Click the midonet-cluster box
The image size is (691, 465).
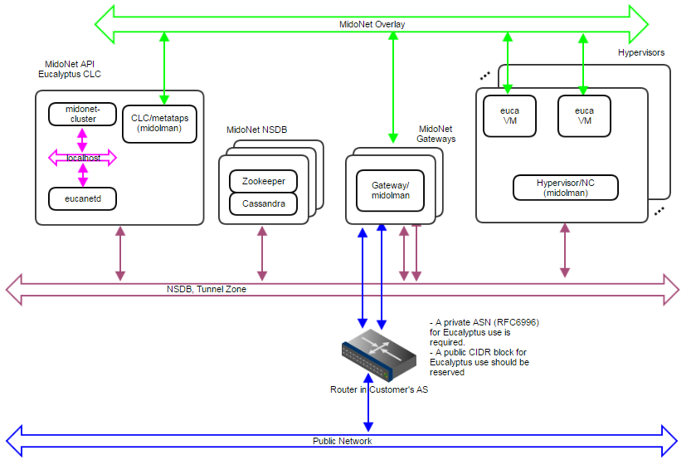(81, 114)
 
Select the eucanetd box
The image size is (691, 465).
(82, 198)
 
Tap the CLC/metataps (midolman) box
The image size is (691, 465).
(159, 123)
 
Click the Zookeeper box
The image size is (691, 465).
(263, 180)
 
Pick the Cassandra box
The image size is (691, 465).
(263, 203)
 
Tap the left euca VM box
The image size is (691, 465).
(509, 115)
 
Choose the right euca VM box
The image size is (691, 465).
(584, 115)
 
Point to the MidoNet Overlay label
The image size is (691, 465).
(372, 24)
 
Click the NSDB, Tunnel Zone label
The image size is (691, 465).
(206, 290)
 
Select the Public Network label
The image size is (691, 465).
(342, 441)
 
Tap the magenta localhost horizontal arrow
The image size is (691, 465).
(82, 157)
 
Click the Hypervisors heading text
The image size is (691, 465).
(640, 53)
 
